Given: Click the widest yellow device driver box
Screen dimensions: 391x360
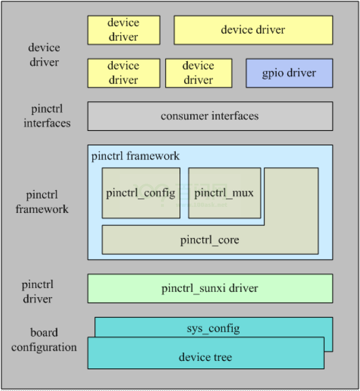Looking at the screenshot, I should [x=253, y=30].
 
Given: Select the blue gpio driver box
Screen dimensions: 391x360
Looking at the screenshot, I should [x=289, y=73].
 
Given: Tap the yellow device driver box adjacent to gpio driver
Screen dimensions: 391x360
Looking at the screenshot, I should [x=198, y=73].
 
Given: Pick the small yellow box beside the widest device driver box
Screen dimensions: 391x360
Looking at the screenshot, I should [x=124, y=30].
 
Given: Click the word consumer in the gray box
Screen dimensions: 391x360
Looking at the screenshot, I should [x=183, y=116].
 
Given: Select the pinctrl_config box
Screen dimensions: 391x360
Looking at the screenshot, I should [x=141, y=193].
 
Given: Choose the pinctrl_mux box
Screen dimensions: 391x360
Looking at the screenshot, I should [x=224, y=193].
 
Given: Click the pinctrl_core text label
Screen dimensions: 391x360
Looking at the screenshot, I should [x=210, y=240].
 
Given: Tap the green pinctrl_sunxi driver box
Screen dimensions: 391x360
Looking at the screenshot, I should [x=210, y=289].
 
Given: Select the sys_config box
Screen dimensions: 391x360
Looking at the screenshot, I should [x=213, y=329].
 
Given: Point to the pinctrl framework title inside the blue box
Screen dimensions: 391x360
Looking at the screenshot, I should [x=136, y=156].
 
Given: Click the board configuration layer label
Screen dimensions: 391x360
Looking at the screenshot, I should [x=44, y=340].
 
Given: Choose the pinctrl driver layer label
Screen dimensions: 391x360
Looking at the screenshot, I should [x=37, y=292].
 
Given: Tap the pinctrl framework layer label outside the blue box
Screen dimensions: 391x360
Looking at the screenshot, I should [x=42, y=202].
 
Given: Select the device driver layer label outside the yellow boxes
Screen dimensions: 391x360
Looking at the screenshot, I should [x=44, y=55].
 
